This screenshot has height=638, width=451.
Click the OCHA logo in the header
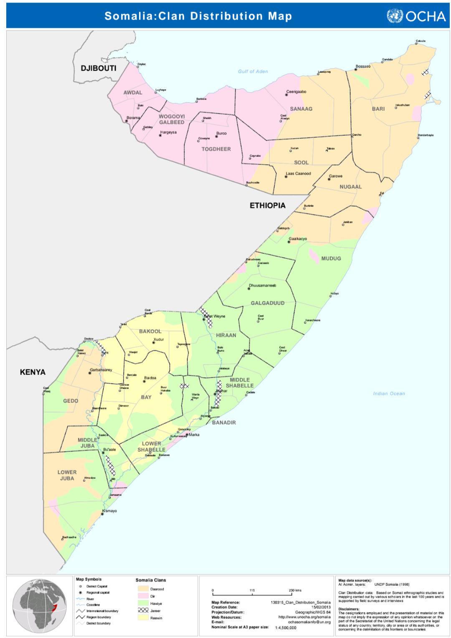[x=416, y=16]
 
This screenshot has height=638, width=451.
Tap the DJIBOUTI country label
[x=99, y=68]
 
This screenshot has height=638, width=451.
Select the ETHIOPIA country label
[x=267, y=206]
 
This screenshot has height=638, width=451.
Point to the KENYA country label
[x=33, y=372]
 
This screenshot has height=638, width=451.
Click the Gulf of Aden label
[x=253, y=71]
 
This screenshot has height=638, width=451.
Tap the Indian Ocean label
[x=389, y=394]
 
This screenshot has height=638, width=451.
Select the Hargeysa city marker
[x=160, y=135]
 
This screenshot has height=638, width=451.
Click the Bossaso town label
[x=363, y=66]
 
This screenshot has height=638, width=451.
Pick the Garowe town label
[x=335, y=176]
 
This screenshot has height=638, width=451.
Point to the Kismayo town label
[x=110, y=511]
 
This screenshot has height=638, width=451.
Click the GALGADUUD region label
[x=267, y=303]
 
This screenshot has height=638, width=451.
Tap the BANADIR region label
[x=224, y=423]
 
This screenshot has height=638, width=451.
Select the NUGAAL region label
[x=350, y=187]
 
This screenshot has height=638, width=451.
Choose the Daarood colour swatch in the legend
[x=143, y=589]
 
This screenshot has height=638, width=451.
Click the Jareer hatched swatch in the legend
[x=143, y=610]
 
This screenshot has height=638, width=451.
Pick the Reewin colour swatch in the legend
[x=143, y=618]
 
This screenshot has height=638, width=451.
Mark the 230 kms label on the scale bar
[x=295, y=590]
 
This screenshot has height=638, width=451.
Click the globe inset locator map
[x=40, y=606]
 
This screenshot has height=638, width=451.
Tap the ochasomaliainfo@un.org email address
[x=309, y=622]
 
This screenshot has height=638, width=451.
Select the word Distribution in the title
[x=226, y=16]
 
